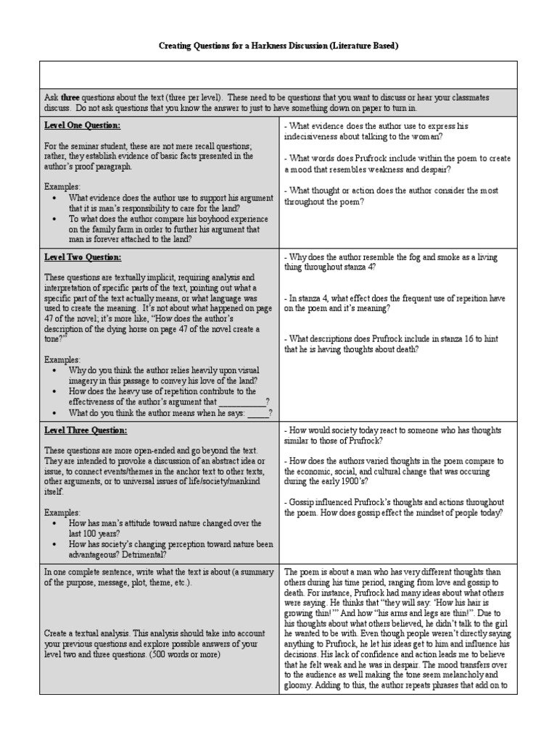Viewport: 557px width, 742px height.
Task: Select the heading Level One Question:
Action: tap(82, 125)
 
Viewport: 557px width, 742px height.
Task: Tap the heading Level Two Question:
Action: tap(83, 257)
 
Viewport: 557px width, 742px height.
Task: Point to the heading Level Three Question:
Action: tap(86, 430)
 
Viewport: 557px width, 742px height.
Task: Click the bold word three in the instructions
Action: tap(70, 96)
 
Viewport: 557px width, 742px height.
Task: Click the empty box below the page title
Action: tap(278, 74)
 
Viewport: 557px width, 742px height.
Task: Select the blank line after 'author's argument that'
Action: tap(242, 401)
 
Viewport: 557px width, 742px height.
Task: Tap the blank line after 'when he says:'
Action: tap(259, 413)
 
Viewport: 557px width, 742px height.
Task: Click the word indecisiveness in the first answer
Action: tap(316, 136)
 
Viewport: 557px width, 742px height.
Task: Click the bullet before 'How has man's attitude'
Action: tap(56, 523)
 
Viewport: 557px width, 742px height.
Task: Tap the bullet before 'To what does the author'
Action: tap(56, 219)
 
